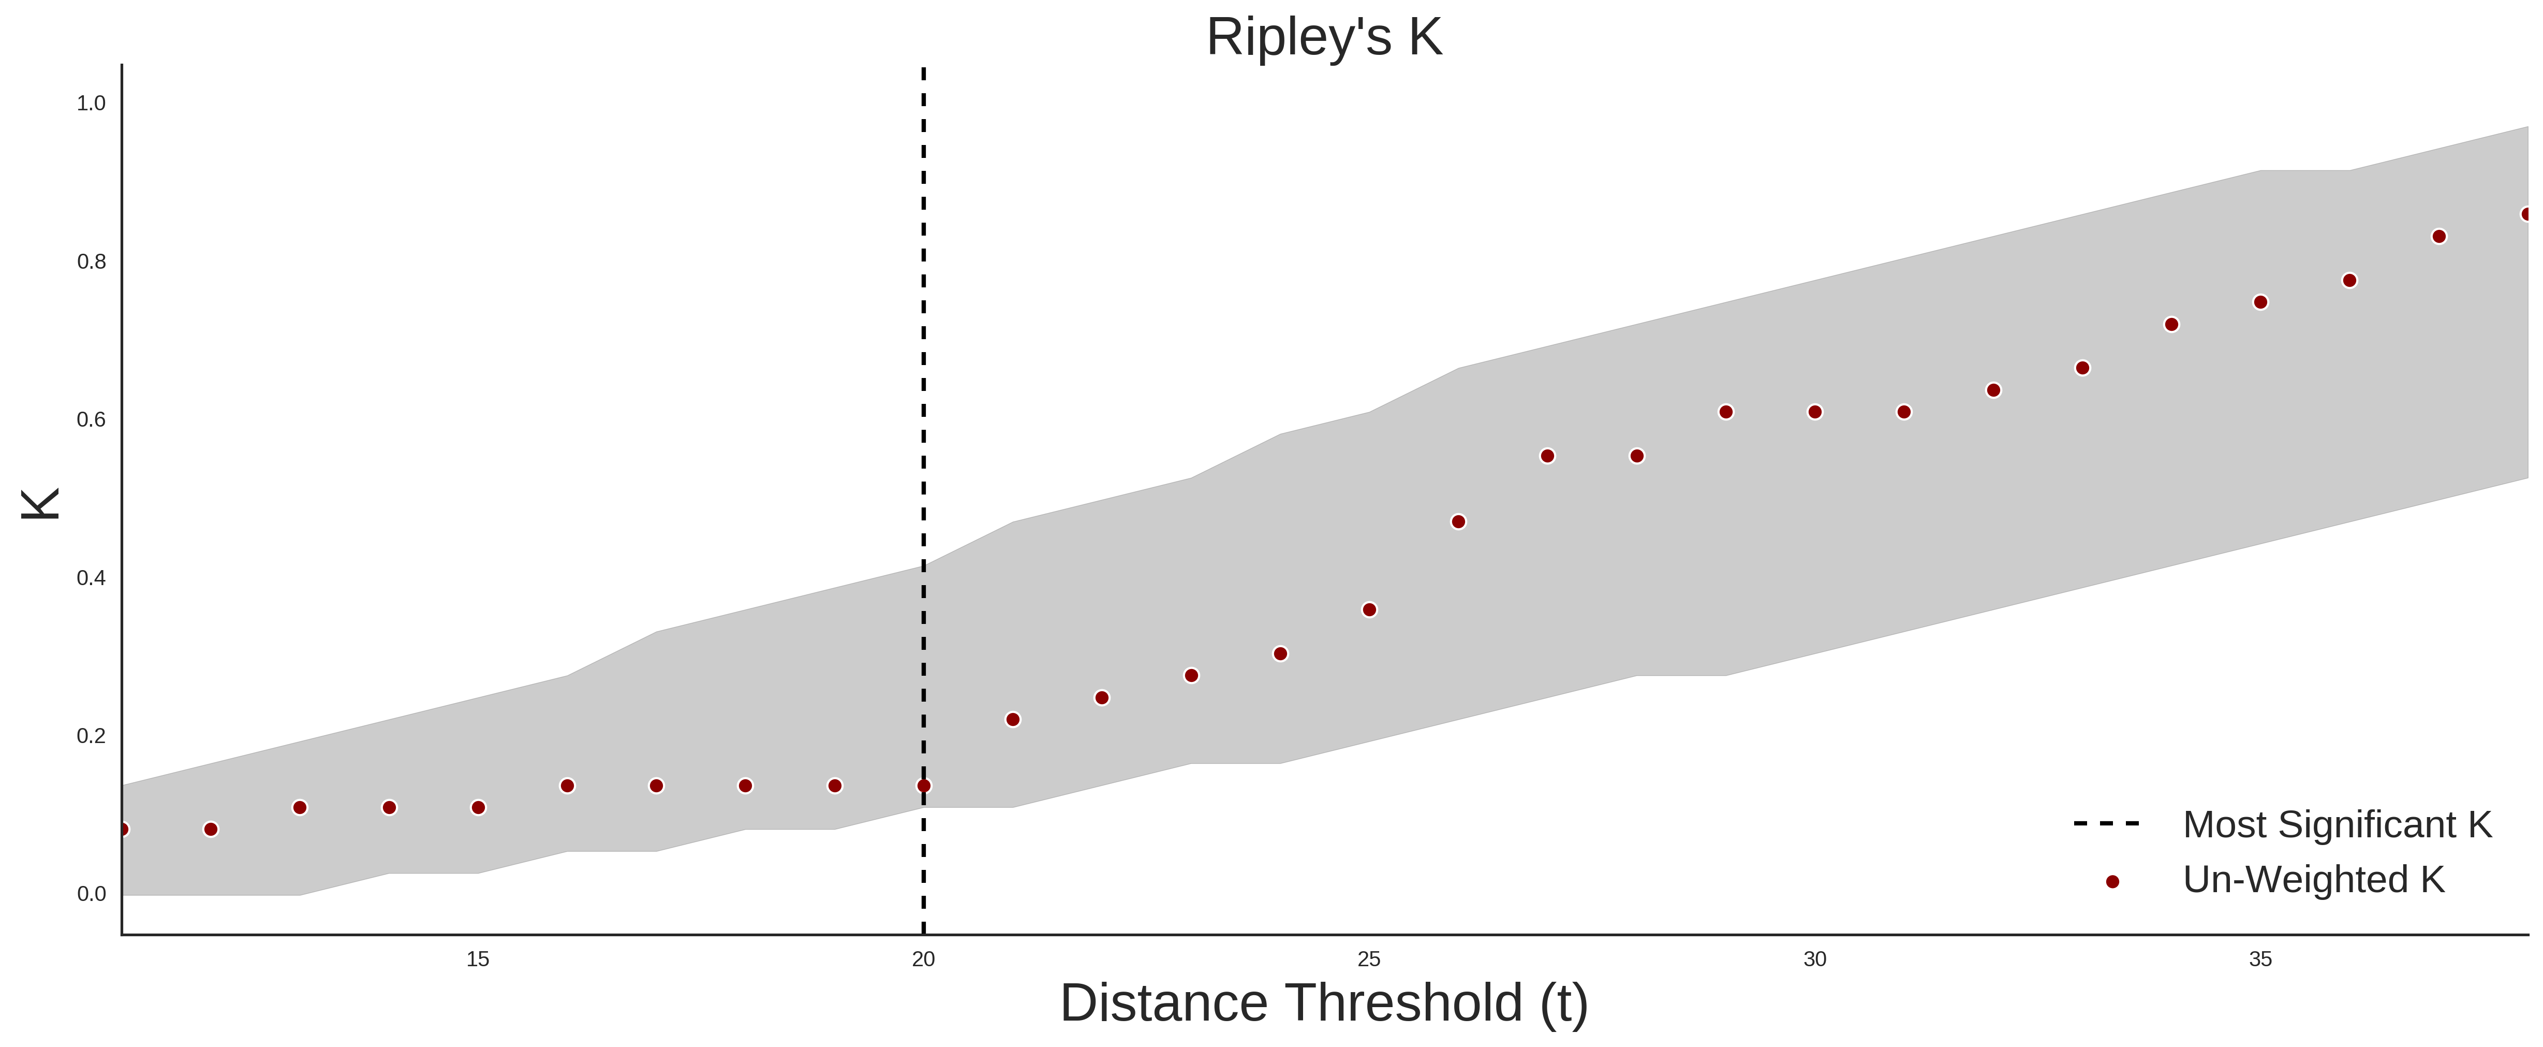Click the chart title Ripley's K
coord(1324,37)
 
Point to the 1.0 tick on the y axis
coord(91,103)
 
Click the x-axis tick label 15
coord(478,959)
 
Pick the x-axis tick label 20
coord(923,959)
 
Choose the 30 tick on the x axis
coord(1814,959)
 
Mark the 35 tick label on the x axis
coord(2260,959)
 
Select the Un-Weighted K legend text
coord(2314,879)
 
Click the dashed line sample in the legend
coord(2107,823)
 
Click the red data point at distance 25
coord(1369,609)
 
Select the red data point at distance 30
coord(1814,412)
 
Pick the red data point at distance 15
coord(478,807)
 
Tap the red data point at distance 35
coord(2260,302)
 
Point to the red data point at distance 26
coord(1458,521)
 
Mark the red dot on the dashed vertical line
coord(923,785)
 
